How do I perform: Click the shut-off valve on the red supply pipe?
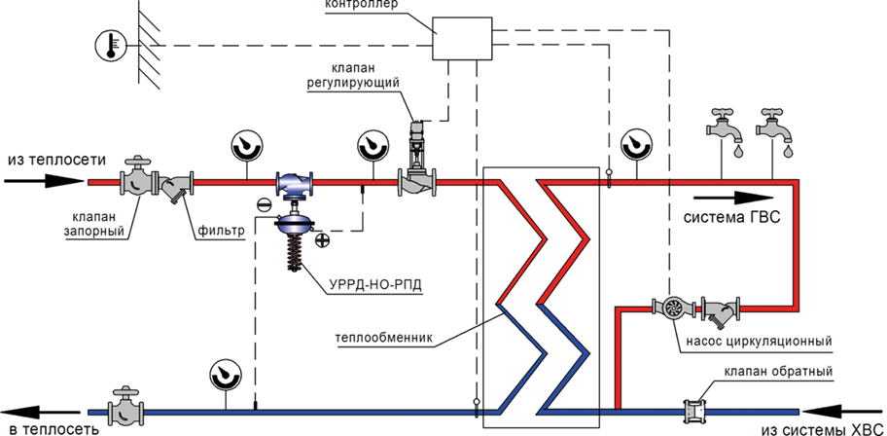(139, 180)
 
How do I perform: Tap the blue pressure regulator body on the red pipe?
(294, 184)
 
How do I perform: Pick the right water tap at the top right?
(774, 127)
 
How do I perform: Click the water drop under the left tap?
(736, 153)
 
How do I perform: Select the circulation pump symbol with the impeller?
(672, 309)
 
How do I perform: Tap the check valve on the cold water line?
(687, 411)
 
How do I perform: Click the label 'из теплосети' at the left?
(42, 161)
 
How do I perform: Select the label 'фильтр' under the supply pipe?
(221, 232)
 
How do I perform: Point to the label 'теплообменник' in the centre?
(383, 339)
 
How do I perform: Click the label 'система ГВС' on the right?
(731, 219)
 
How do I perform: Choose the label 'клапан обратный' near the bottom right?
(779, 372)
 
